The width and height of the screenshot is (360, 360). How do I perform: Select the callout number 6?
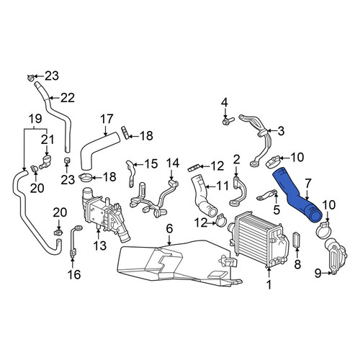[x=169, y=229]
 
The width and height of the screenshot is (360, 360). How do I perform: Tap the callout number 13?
[x=100, y=246]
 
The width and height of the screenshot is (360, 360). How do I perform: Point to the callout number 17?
[x=107, y=119]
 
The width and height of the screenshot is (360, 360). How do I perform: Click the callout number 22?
[x=68, y=98]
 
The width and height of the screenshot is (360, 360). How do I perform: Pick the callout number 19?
[x=35, y=118]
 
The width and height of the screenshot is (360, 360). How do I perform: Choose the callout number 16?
[x=74, y=274]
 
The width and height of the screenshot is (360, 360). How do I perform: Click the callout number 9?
[x=318, y=273]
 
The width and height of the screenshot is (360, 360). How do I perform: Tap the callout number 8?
[x=297, y=264]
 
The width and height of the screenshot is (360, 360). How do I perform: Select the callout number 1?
[x=269, y=284]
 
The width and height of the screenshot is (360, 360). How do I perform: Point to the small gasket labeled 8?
[x=297, y=240]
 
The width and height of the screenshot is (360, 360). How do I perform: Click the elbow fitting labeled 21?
[x=45, y=161]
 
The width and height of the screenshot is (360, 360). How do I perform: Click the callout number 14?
[x=173, y=163]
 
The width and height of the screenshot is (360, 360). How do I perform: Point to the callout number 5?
[x=276, y=210]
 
